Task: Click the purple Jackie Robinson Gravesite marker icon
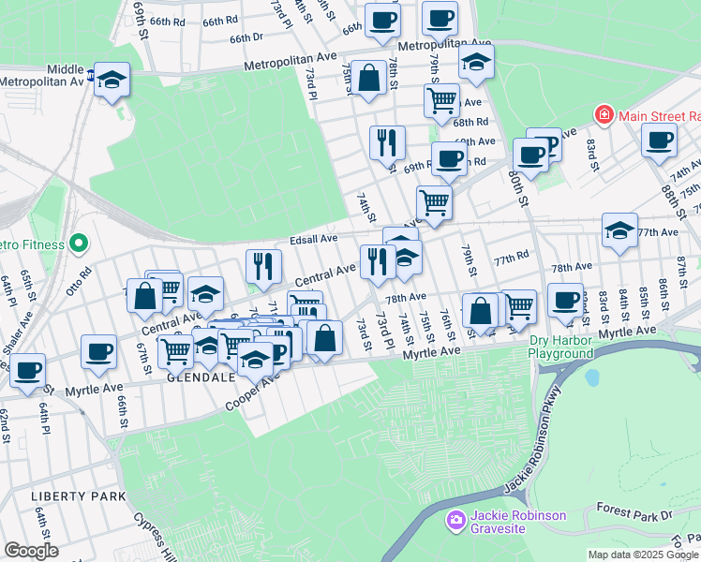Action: click(x=456, y=520)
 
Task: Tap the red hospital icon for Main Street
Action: click(x=604, y=115)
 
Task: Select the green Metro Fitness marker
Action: click(x=78, y=244)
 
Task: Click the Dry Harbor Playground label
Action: click(x=560, y=348)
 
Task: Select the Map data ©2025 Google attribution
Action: click(x=642, y=555)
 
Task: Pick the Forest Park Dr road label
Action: click(x=634, y=514)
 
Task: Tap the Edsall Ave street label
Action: click(x=314, y=239)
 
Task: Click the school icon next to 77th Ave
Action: click(x=619, y=230)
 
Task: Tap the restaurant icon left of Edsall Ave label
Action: click(x=264, y=266)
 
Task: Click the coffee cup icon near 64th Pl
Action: click(x=28, y=370)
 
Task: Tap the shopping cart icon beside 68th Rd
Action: click(x=440, y=99)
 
